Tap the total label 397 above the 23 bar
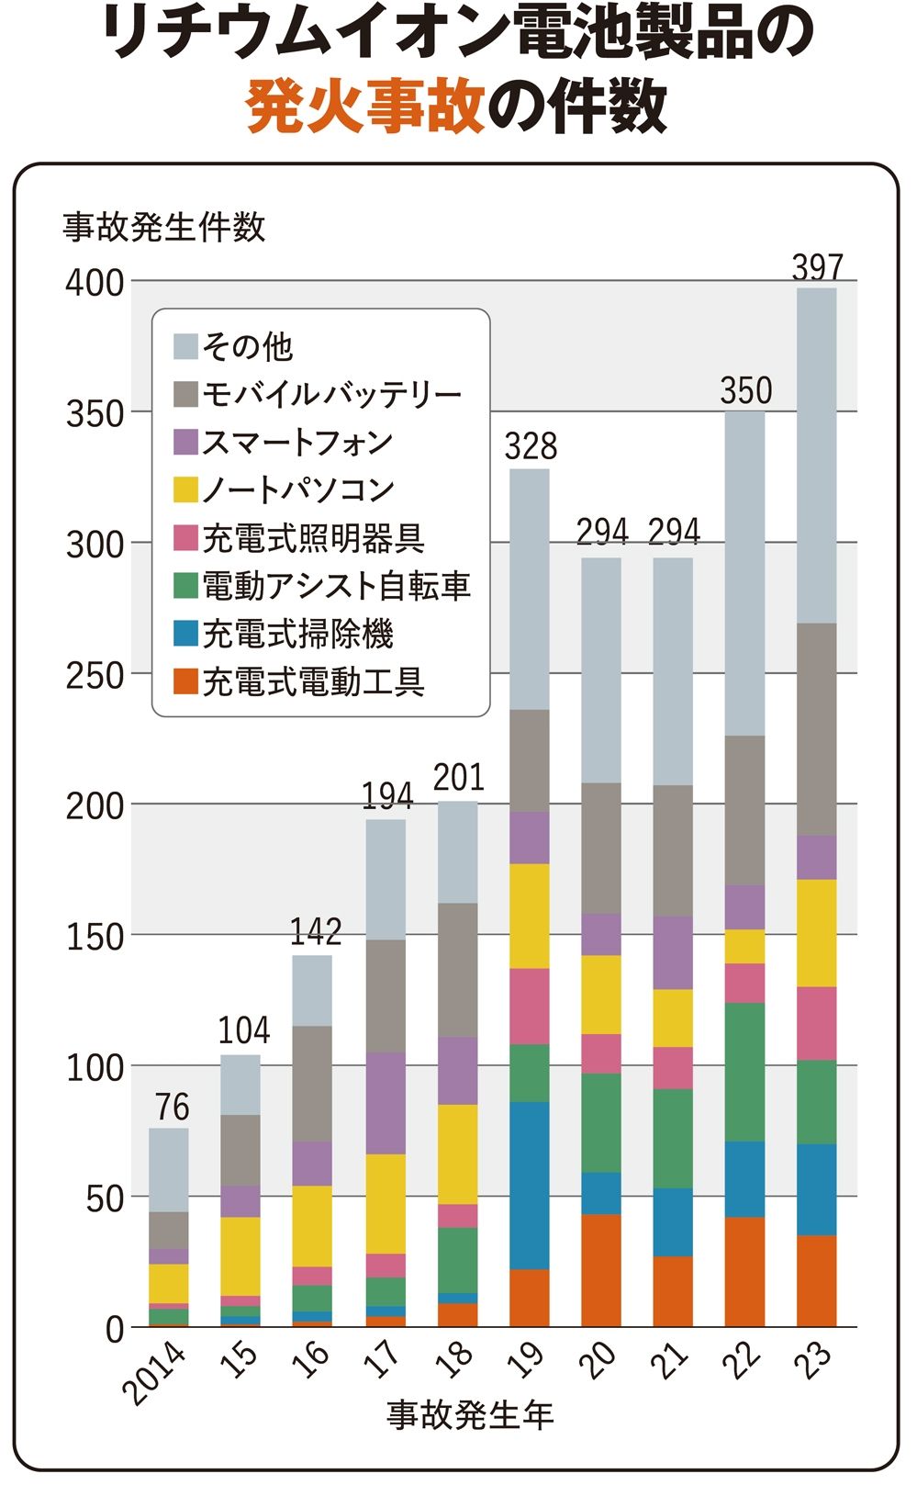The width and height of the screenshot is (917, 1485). point(817,267)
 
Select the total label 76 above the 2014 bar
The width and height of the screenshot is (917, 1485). point(172,1108)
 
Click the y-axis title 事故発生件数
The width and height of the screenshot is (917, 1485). point(164,227)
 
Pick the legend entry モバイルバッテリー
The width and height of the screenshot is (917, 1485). point(331,394)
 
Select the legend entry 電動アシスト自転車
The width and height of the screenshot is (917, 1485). point(336,585)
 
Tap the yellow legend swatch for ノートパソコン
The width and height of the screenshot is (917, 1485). point(185,489)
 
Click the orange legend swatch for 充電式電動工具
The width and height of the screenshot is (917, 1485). point(185,681)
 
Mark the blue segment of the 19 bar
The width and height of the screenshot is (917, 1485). point(530,1185)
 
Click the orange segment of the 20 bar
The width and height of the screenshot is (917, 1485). point(601,1270)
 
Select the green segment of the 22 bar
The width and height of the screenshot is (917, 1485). point(744,1072)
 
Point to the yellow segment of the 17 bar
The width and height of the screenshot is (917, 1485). point(386,1203)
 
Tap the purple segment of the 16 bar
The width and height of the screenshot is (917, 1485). point(312,1164)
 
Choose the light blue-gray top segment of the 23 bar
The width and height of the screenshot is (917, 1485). point(817,456)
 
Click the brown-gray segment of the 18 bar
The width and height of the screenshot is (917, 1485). point(457,970)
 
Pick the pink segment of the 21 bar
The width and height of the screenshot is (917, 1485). point(673,1068)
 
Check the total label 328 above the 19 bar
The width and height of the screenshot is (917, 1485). point(531,446)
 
